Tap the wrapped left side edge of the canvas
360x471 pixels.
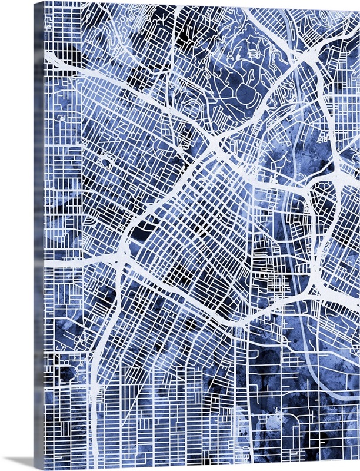[39, 235]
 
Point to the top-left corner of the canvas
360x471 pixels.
[44, 2]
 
